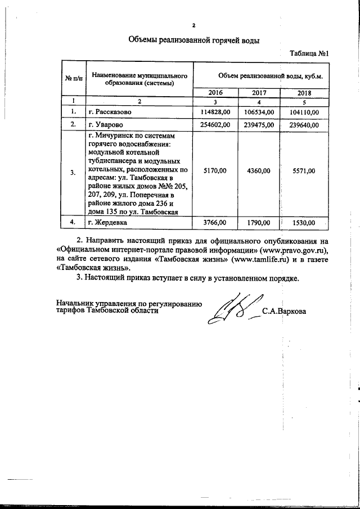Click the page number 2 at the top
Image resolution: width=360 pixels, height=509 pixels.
193,25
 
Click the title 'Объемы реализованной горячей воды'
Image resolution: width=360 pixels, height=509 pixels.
194,40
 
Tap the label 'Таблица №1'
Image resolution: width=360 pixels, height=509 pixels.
308,54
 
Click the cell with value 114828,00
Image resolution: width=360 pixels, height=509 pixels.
215,112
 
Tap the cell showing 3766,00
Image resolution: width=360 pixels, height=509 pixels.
215,223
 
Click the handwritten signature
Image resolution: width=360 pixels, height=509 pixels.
231,310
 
